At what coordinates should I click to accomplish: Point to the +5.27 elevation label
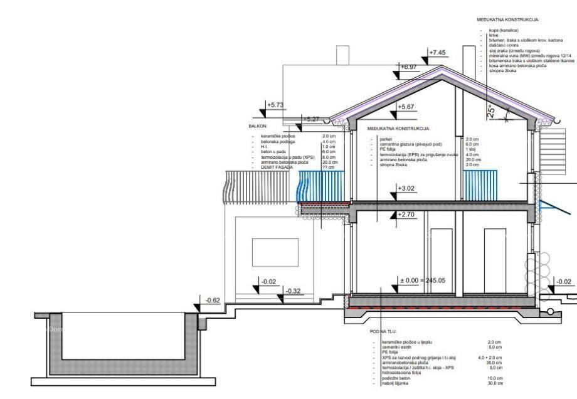tap(312, 119)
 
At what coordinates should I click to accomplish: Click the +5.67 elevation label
tap(407, 107)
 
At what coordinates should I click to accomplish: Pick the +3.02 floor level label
tap(408, 188)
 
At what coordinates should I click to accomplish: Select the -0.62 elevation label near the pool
tap(213, 301)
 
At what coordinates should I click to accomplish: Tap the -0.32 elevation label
tap(293, 291)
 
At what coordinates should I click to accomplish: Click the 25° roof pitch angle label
tap(492, 112)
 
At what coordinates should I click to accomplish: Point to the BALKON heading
tap(258, 126)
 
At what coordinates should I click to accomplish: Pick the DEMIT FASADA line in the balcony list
tap(270, 167)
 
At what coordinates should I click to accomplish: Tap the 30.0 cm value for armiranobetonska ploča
tap(495, 363)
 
